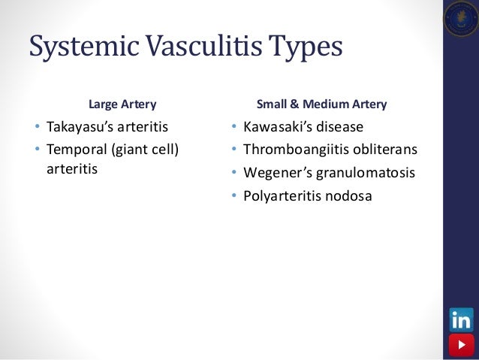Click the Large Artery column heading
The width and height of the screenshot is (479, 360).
(x=123, y=104)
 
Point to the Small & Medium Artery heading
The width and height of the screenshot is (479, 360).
(x=322, y=104)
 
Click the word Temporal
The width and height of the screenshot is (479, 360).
(x=77, y=149)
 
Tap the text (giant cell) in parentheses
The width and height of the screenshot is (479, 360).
(x=145, y=149)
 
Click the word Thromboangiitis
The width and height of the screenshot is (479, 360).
(x=293, y=149)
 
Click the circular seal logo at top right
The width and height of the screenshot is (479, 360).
(x=460, y=19)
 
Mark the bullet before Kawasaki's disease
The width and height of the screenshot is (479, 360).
(x=233, y=126)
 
